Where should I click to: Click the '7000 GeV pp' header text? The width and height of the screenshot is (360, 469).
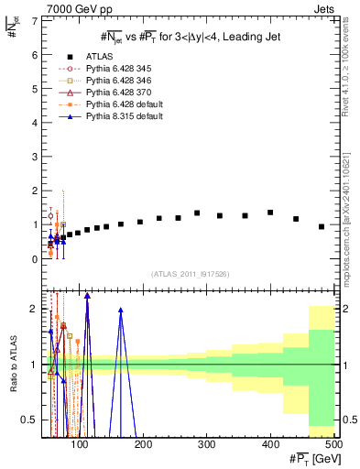(x=74, y=9)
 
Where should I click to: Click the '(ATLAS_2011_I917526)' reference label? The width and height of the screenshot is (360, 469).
(x=190, y=274)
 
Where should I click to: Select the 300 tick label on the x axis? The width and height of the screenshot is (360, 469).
(x=273, y=444)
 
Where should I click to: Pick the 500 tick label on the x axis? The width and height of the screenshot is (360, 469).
(x=333, y=444)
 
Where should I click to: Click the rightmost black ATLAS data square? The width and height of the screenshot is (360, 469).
(x=322, y=226)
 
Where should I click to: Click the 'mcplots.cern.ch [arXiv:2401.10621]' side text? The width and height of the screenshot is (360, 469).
(x=351, y=212)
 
